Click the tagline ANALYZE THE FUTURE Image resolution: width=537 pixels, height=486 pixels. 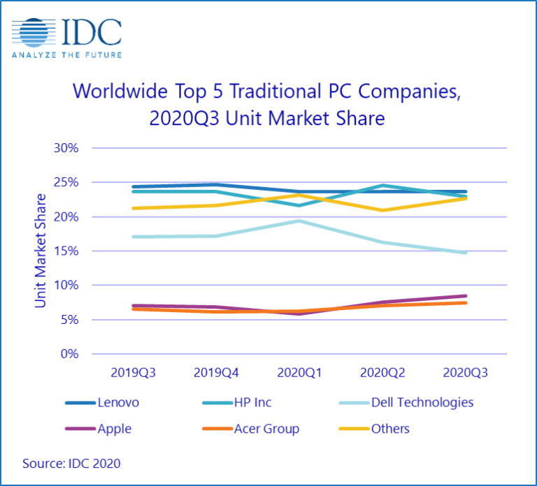[66, 54]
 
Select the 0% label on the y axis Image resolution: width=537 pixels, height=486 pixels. [69, 354]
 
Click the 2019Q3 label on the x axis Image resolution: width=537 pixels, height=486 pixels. [133, 374]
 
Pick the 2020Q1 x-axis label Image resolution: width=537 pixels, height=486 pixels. [299, 374]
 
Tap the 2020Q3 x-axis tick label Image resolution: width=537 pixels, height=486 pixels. [465, 374]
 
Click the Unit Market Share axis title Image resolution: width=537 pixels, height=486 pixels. [41, 251]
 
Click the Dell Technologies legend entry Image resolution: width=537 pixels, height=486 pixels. [413, 403]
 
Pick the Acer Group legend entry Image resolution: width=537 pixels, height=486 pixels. [252, 429]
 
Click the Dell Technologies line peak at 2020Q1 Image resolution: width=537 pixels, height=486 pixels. [299, 221]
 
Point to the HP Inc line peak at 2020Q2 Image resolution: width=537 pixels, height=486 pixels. [382, 186]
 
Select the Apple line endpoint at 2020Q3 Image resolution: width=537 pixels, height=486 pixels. [465, 296]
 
